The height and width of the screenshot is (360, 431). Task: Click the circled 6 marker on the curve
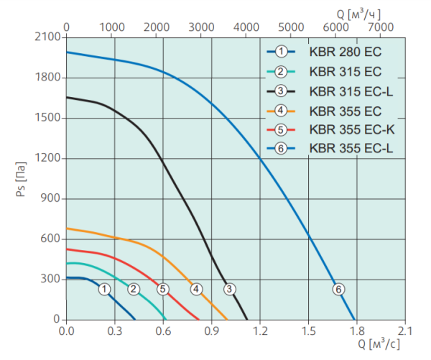click(x=338, y=289)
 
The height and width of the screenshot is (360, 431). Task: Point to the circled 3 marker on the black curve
click(x=229, y=289)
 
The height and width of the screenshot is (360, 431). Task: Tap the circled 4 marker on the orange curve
click(x=195, y=289)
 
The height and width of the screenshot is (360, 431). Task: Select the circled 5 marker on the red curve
click(x=162, y=289)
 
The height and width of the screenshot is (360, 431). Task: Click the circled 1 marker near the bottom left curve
click(x=105, y=289)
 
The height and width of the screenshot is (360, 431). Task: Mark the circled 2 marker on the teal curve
click(x=134, y=289)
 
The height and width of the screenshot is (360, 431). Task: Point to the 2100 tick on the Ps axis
click(x=48, y=37)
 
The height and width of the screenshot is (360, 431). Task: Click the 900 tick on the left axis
click(x=52, y=199)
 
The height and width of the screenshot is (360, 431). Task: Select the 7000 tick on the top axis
click(x=381, y=27)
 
